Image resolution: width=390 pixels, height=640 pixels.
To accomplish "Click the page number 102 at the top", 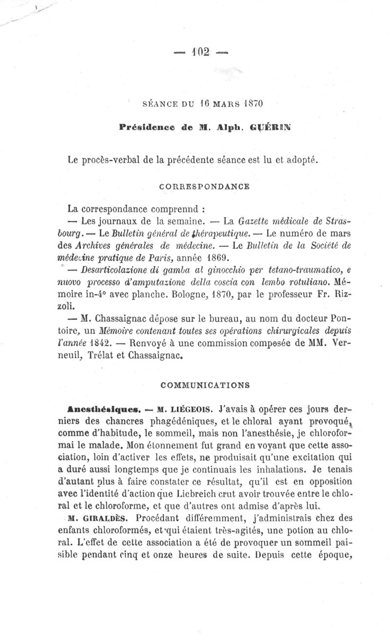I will (x=200, y=51).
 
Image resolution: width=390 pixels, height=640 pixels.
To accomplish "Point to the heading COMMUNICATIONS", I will (x=205, y=385).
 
